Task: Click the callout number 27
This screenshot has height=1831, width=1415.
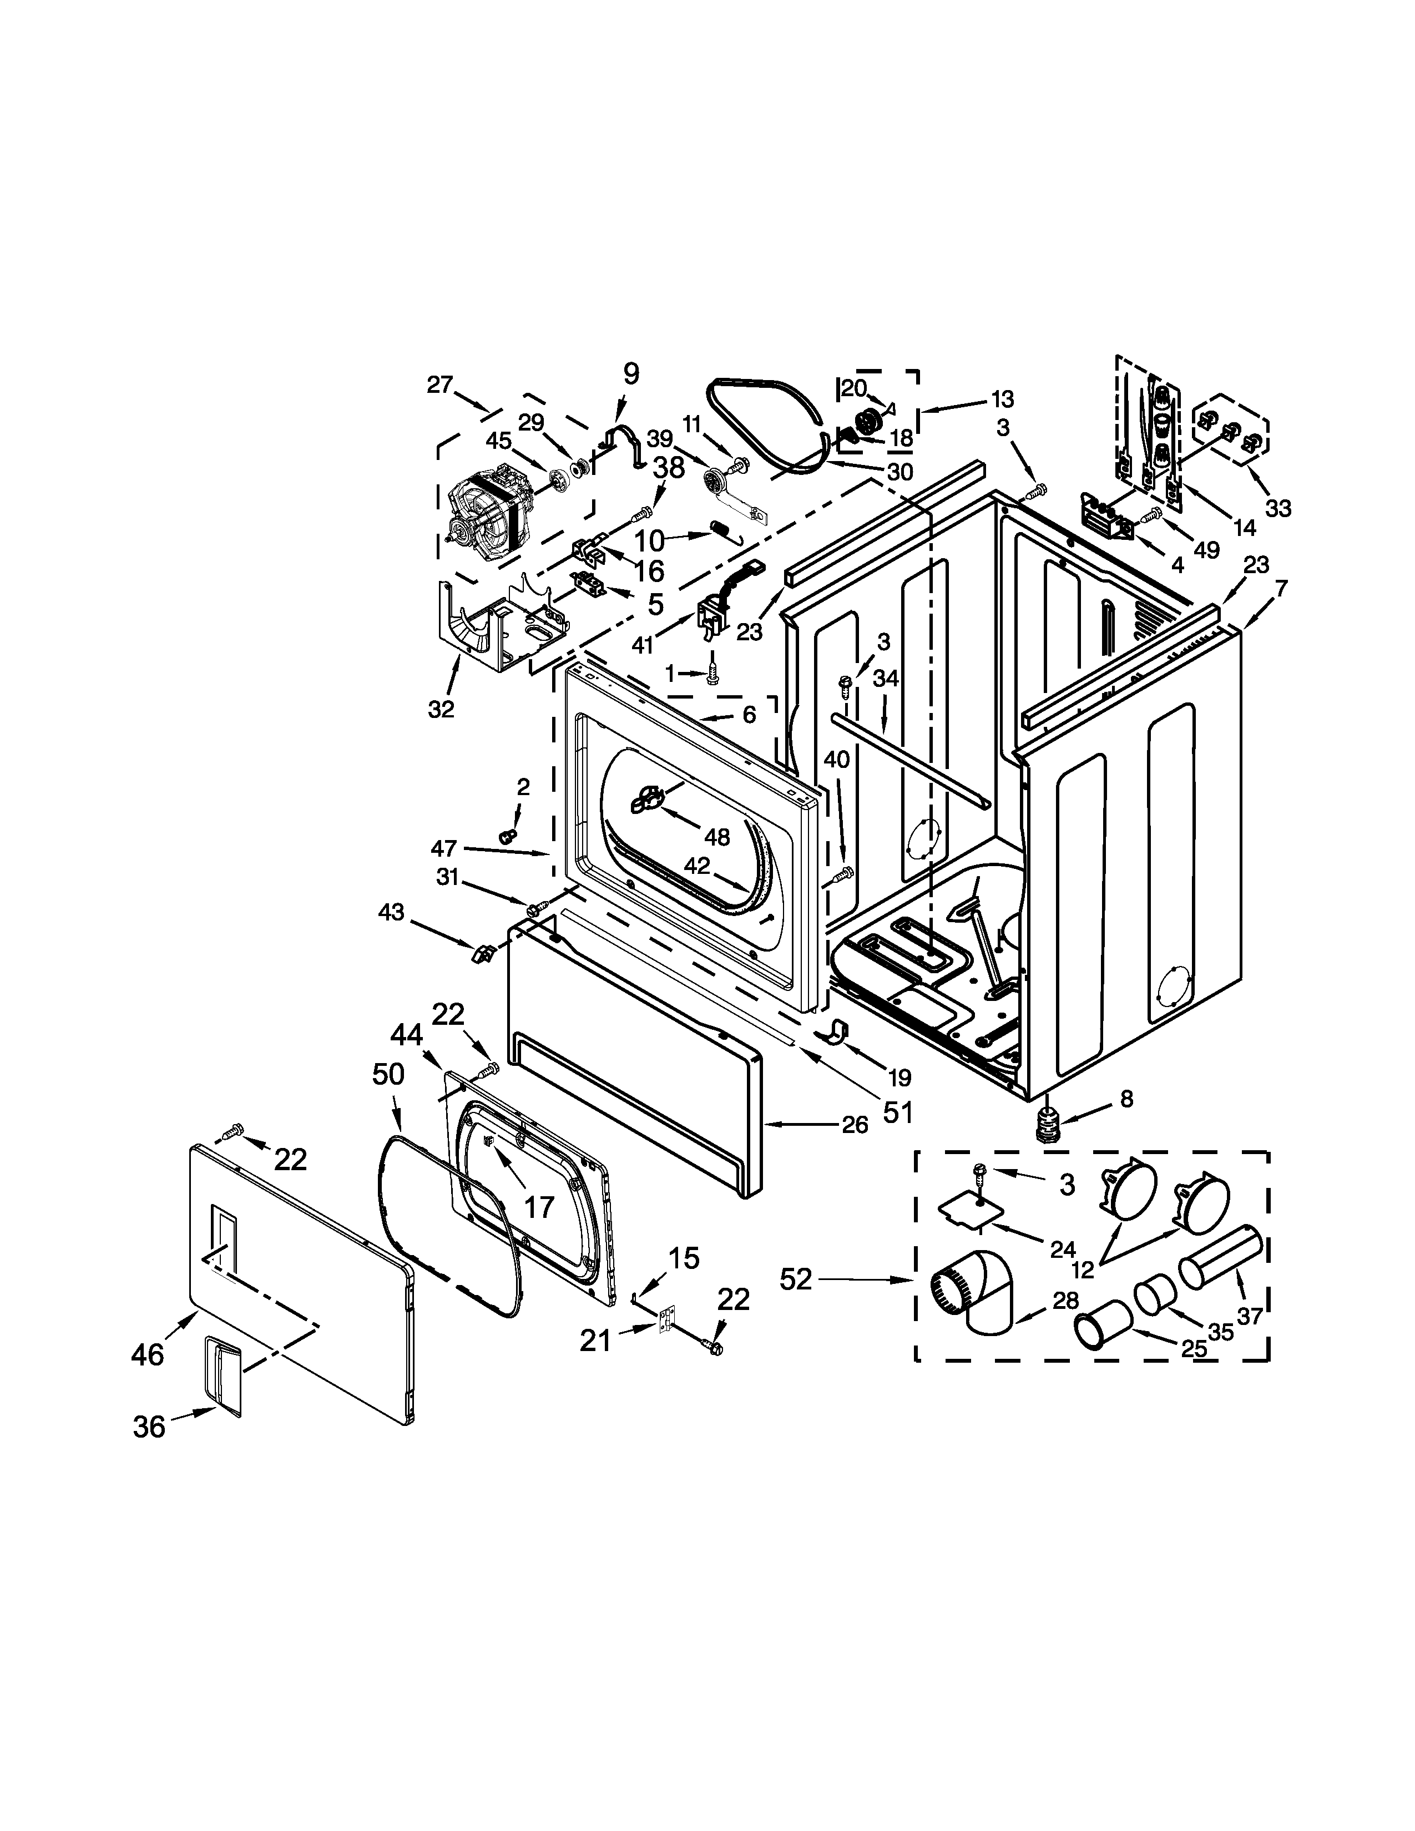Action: (x=439, y=385)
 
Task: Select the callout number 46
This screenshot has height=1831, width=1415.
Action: (x=148, y=1354)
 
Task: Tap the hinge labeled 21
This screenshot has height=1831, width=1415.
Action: (x=667, y=1322)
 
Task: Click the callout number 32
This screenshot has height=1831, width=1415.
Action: (x=441, y=709)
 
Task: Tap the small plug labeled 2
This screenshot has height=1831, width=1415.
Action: (x=506, y=836)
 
